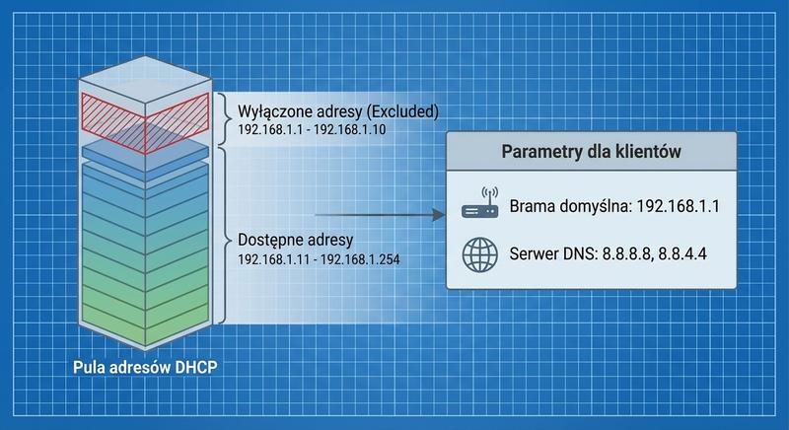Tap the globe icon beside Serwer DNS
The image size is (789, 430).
[x=480, y=254]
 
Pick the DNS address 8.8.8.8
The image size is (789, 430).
[x=628, y=254]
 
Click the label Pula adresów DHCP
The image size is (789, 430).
[x=145, y=369]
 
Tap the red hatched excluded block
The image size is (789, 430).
[x=145, y=121]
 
